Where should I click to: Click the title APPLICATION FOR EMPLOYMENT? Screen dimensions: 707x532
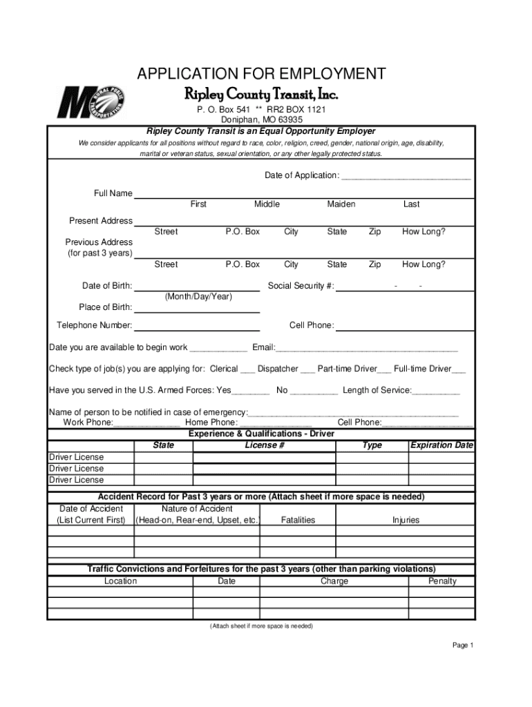(x=261, y=75)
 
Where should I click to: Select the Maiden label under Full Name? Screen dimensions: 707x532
(x=341, y=204)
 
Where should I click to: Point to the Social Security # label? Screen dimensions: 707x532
(x=301, y=287)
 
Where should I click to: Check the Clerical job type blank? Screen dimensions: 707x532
(x=247, y=370)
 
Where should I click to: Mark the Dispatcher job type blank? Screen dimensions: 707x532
(x=307, y=370)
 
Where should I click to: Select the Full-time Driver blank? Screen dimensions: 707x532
(x=458, y=370)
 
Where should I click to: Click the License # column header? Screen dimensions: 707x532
(x=265, y=445)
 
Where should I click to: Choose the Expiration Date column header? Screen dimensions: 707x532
(x=441, y=445)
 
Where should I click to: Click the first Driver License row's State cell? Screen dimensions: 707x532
(x=163, y=457)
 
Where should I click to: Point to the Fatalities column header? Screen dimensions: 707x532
(x=298, y=520)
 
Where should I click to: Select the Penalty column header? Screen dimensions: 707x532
(x=442, y=581)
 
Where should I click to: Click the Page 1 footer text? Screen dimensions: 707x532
(x=462, y=646)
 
